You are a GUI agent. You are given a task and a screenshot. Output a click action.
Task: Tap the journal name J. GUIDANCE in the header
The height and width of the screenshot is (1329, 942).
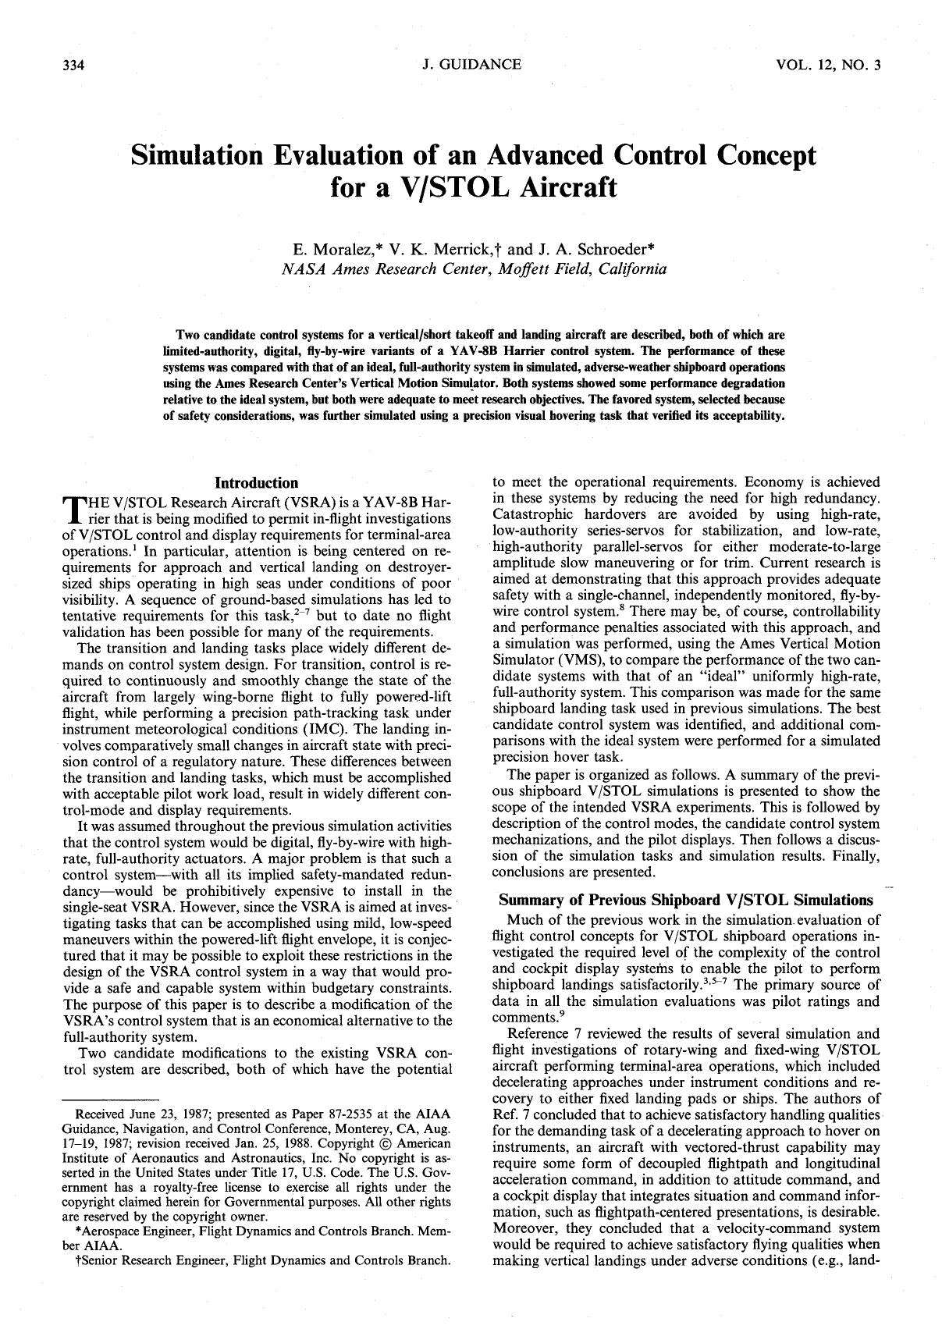tap(471, 65)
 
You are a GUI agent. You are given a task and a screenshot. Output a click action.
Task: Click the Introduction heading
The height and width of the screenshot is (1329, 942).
tap(256, 483)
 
